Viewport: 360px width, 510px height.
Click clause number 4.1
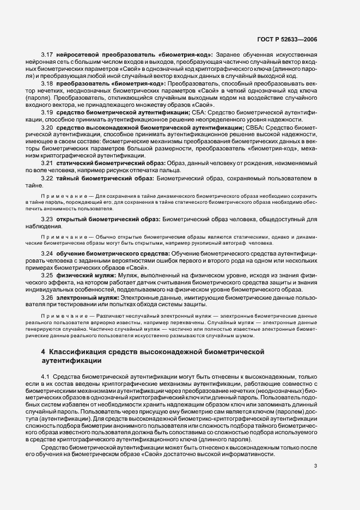click(x=45, y=376)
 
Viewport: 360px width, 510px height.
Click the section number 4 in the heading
click(x=43, y=352)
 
